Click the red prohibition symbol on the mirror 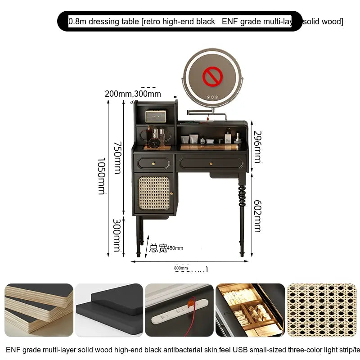(212, 76)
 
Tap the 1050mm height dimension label (102, 175)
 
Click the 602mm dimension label (257, 216)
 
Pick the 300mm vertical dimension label (117, 235)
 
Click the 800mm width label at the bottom (181, 268)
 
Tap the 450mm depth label (175, 248)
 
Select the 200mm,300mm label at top (133, 94)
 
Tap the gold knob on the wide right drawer (211, 163)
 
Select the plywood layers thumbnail (39, 310)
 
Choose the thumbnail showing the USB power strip (179, 310)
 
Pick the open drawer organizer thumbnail (250, 310)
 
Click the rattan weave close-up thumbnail (321, 310)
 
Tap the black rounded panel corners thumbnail (109, 310)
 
